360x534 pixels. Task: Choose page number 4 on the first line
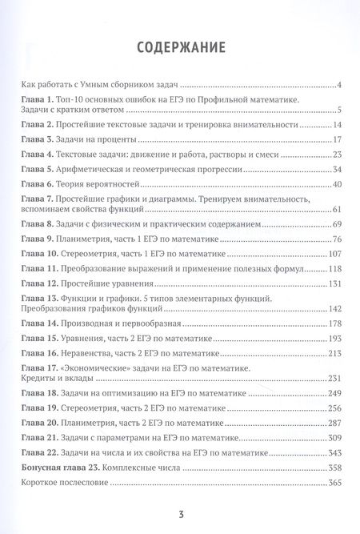tap(338, 84)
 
